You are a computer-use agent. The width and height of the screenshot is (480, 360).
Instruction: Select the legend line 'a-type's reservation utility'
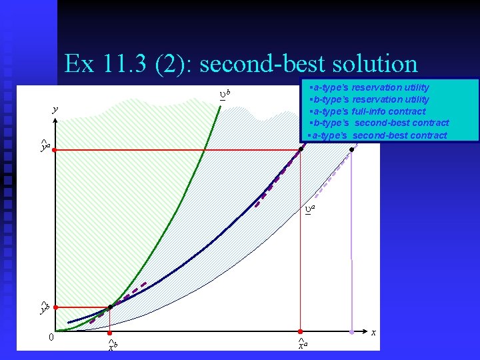pyautogui.click(x=371, y=87)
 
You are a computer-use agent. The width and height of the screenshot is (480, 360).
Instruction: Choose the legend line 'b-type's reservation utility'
pyautogui.click(x=371, y=99)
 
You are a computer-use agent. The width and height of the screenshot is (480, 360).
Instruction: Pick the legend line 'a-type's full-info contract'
pyautogui.click(x=369, y=111)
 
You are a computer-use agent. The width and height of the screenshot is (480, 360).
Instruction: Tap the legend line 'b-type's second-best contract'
pyautogui.click(x=380, y=123)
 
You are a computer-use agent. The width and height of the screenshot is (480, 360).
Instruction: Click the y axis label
pyautogui.click(x=56, y=109)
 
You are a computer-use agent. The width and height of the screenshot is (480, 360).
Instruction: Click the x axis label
pyautogui.click(x=373, y=332)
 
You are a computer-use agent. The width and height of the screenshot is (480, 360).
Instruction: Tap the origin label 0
pyautogui.click(x=51, y=337)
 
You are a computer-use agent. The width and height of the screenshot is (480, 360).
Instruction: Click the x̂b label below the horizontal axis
pyautogui.click(x=113, y=345)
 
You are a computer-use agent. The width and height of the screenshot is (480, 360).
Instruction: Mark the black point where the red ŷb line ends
pyautogui.click(x=110, y=307)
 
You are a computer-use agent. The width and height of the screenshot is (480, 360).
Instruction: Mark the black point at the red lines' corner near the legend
pyautogui.click(x=301, y=150)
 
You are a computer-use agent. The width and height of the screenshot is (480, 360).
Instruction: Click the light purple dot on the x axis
pyautogui.click(x=352, y=331)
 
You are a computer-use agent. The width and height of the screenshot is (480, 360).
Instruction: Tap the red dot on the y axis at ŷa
pyautogui.click(x=56, y=151)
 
